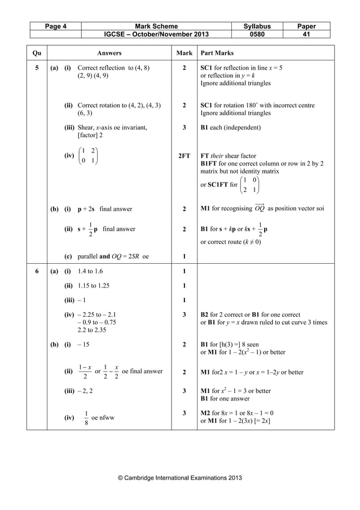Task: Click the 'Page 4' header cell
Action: click(x=54, y=26)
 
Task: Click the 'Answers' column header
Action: click(x=109, y=53)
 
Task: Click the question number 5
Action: click(x=37, y=68)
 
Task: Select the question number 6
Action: click(x=37, y=271)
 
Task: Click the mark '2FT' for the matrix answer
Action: click(x=185, y=156)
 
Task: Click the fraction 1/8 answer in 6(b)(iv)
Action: click(x=86, y=418)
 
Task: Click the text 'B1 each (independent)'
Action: click(x=231, y=128)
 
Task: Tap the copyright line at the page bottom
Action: click(x=179, y=478)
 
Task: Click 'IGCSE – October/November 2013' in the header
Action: click(x=156, y=34)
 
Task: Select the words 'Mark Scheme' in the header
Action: click(x=156, y=26)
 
